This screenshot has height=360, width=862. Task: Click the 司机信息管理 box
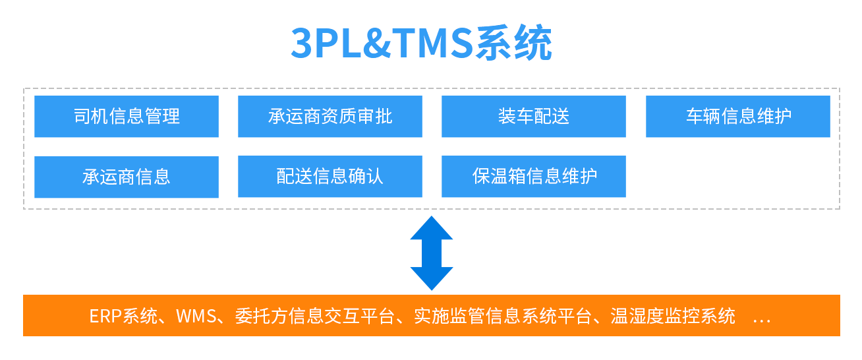127,117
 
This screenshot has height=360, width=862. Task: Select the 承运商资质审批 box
330,117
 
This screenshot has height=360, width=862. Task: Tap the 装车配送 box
534,117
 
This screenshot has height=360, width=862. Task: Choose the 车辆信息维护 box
738,117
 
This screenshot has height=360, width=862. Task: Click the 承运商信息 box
127,177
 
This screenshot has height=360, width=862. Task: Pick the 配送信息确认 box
330,177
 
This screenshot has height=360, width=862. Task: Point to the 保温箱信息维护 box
534,177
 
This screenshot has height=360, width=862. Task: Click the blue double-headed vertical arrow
432,253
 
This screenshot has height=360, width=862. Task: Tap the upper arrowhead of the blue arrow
432,228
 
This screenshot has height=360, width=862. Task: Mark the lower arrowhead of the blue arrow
432,278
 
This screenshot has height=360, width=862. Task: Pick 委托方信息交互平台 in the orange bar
315,316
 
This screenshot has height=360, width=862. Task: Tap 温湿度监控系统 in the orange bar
673,316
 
